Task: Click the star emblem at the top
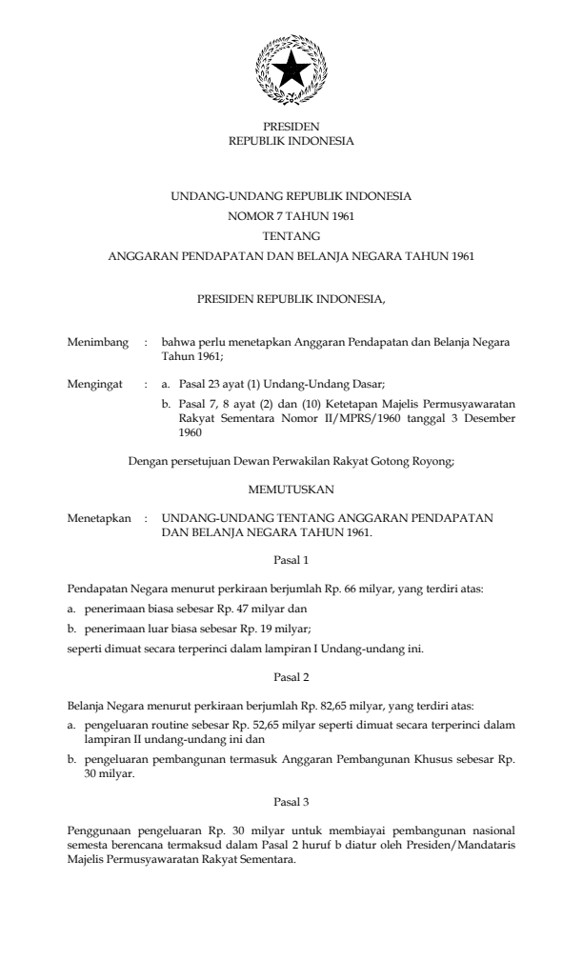(291, 70)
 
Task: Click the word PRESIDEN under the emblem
(291, 127)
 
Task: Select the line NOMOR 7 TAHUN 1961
(291, 216)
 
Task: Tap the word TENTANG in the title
(291, 235)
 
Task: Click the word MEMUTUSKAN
(291, 491)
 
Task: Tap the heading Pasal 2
(291, 677)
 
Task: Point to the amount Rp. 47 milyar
(271, 608)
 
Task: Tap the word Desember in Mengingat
(486, 417)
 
